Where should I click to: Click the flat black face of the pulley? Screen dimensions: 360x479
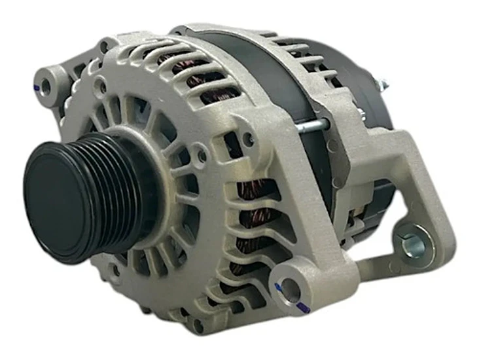pos(62,196)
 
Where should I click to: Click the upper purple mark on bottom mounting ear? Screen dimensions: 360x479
pos(279,286)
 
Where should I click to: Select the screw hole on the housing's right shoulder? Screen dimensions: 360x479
pos(248,138)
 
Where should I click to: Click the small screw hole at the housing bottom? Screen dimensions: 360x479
pos(198,323)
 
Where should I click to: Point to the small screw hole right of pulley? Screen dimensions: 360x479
pos(202,156)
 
